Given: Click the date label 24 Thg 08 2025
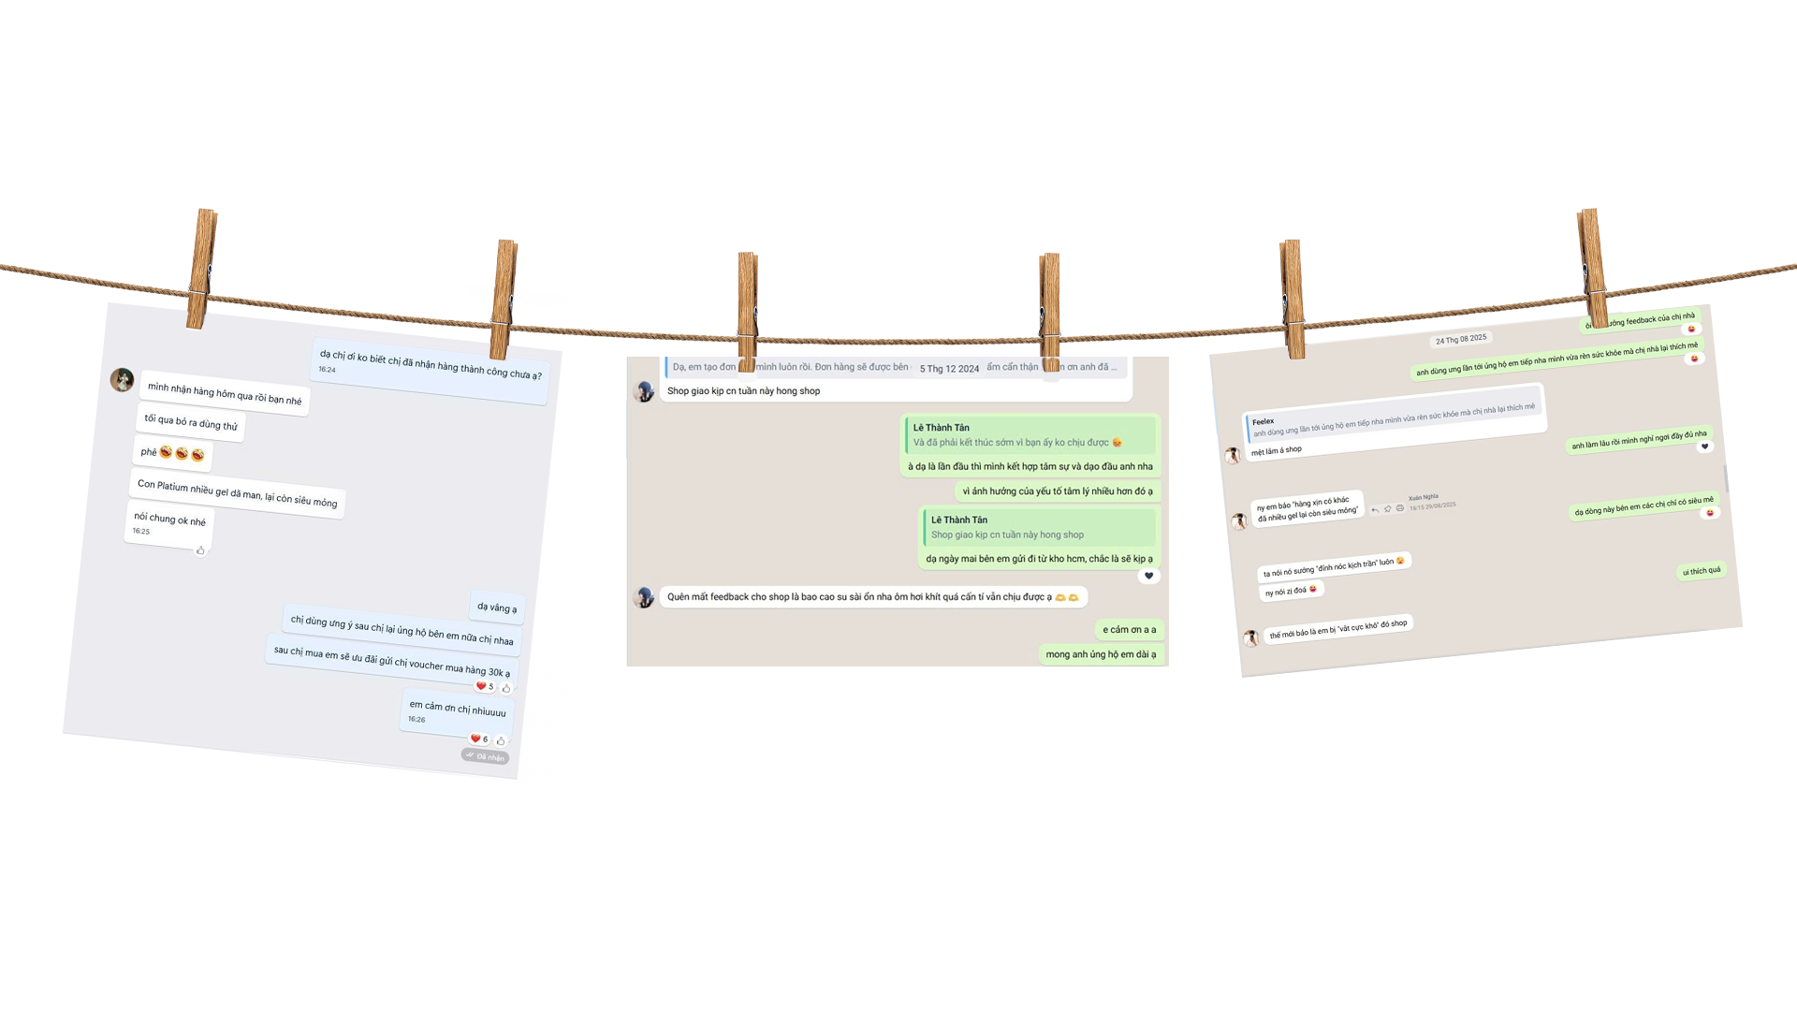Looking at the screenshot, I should (x=1460, y=339).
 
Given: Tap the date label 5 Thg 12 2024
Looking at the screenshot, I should (x=949, y=369).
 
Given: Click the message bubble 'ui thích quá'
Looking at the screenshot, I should (x=1701, y=571).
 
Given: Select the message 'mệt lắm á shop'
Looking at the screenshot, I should (x=1277, y=450).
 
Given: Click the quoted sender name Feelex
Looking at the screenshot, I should (x=1263, y=421).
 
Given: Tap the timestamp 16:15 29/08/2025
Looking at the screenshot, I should (x=1432, y=506).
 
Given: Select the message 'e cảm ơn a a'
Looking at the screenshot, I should (x=1129, y=630).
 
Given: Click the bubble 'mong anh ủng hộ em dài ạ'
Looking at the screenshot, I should (x=1101, y=654).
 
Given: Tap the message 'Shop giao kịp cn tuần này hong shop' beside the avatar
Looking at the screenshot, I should (x=743, y=391).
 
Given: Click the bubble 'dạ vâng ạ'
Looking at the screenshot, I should (x=497, y=608).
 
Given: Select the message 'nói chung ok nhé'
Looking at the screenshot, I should (x=169, y=520).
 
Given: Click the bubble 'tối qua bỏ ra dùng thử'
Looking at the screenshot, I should (x=191, y=422).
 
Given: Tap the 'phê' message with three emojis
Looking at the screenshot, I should (x=172, y=453).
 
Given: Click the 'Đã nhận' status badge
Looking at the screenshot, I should (x=486, y=756).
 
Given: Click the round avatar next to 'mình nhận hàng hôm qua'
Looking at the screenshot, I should (x=122, y=380).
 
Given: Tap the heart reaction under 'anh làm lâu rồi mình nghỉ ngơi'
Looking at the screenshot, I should (x=1703, y=447).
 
